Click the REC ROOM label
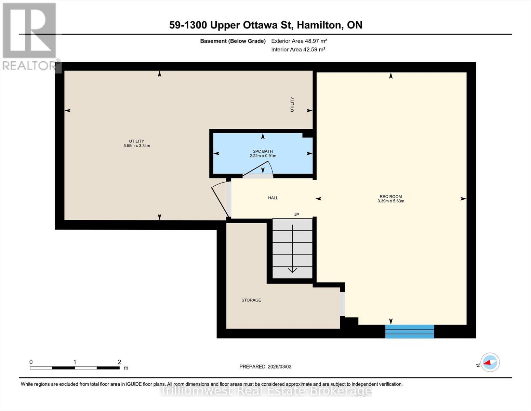click(x=390, y=197)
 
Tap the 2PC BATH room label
click(x=263, y=151)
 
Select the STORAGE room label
click(x=251, y=300)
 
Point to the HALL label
click(x=273, y=198)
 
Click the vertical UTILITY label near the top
click(x=292, y=104)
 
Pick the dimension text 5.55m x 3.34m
click(x=137, y=146)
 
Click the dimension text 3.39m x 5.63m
click(x=391, y=201)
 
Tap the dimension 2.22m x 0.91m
click(x=263, y=156)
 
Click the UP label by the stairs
click(x=296, y=215)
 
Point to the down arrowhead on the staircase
click(x=292, y=270)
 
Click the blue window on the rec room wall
click(x=410, y=331)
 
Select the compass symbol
click(x=490, y=362)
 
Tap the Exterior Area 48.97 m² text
click(x=299, y=41)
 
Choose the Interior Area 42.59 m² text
click(x=298, y=50)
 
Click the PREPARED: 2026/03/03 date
click(x=265, y=367)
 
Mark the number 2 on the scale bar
click(x=119, y=362)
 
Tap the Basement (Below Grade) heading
click(x=233, y=41)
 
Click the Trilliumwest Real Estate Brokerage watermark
click(x=266, y=391)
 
